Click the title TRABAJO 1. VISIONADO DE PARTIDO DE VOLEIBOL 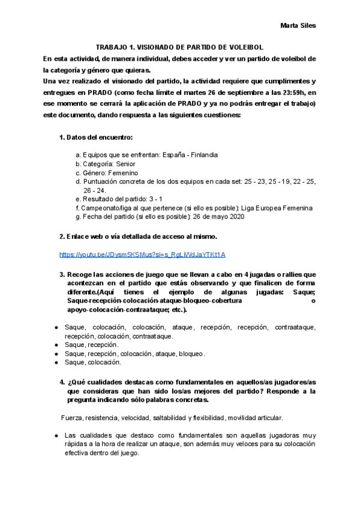point(180,47)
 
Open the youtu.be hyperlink point(142,254)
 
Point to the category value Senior point(125,164)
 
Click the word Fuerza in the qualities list point(71,417)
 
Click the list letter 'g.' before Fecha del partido point(79,217)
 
